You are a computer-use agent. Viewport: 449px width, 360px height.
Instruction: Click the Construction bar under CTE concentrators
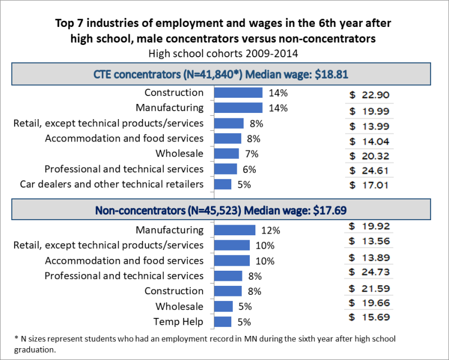point(239,93)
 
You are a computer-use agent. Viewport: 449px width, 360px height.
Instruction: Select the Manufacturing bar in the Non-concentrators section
point(235,230)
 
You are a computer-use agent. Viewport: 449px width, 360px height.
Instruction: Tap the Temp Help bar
point(223,322)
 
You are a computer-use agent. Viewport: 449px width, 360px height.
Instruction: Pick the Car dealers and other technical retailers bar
point(223,184)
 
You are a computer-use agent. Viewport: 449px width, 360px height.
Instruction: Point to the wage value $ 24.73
point(369,272)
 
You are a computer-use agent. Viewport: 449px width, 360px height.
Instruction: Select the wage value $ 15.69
point(369,317)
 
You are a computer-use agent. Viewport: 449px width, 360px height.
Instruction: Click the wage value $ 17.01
point(369,185)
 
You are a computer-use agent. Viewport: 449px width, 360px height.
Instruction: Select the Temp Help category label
point(178,322)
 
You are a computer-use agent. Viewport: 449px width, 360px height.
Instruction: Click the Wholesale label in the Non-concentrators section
point(180,307)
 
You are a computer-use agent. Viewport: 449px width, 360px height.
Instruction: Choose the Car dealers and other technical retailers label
point(112,184)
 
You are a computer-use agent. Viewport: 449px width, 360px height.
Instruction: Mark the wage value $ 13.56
point(369,241)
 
